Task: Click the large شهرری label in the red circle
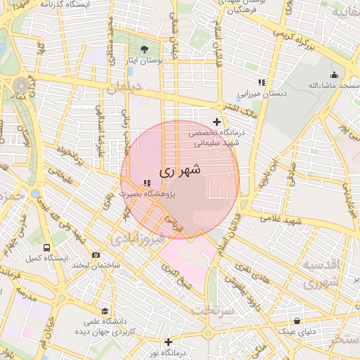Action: (x=180, y=169)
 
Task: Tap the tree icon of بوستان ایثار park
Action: (x=144, y=49)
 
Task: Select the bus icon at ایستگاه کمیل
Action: (x=46, y=248)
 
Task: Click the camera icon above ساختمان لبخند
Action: (x=96, y=255)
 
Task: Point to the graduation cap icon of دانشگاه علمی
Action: (x=105, y=311)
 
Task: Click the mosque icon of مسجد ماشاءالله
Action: (x=333, y=75)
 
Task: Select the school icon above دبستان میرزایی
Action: (x=262, y=82)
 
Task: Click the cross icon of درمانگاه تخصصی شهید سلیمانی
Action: (x=217, y=122)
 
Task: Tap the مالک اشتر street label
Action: (x=239, y=109)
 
